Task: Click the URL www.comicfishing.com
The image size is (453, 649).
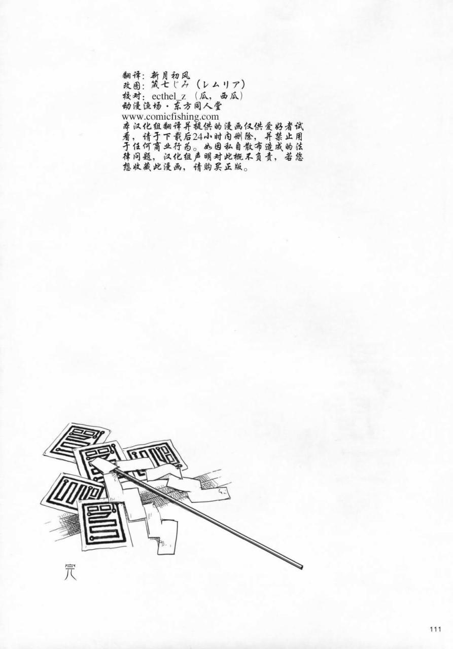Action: pos(170,117)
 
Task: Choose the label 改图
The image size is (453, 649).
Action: pos(133,86)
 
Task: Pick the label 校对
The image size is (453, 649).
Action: pos(133,96)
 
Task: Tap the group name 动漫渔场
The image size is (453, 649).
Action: pos(143,106)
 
